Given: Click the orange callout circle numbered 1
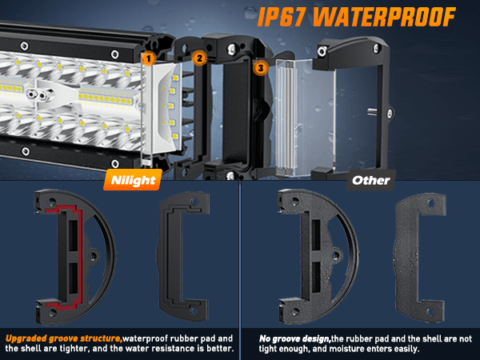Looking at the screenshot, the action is pos(149,58).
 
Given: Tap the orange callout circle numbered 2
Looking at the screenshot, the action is pos(199,58).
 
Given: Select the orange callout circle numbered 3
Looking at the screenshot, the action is pos(261,68).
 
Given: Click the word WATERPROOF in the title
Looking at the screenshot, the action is pos(384,17).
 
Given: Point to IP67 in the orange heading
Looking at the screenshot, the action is pos(282,17).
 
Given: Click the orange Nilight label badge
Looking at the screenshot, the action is pos(133,180).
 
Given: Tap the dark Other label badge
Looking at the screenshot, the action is pos(371,180).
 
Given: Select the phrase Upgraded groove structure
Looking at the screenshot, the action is pos(64,338).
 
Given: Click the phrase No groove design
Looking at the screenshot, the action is pos(294,338).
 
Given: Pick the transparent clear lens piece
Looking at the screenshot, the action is pos(305,118).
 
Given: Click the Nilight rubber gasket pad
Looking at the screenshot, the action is pos(184,256).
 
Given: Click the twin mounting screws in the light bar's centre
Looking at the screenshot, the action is pos(36,95).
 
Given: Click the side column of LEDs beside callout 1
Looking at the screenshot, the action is pos(173,106).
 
